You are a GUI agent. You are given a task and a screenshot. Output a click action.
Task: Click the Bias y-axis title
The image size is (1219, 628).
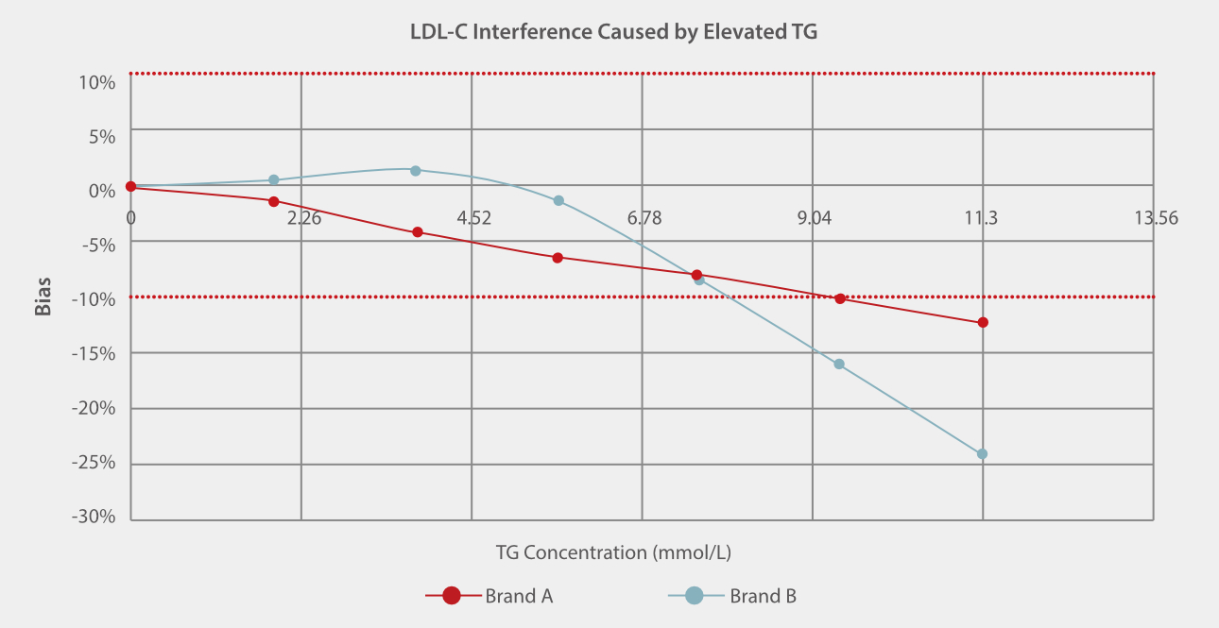click(x=43, y=296)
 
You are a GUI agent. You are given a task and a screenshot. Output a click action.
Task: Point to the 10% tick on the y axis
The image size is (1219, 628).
click(x=95, y=81)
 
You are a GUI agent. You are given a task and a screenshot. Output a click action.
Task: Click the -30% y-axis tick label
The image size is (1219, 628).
click(x=95, y=517)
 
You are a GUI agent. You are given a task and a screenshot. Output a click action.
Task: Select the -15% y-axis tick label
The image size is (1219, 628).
click(x=95, y=353)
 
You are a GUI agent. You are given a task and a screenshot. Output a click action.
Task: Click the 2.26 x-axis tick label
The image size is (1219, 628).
click(x=304, y=219)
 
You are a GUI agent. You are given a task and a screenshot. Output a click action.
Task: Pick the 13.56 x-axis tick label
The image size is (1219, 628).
click(x=1156, y=219)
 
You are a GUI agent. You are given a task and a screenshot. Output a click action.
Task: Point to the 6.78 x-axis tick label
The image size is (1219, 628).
click(x=644, y=219)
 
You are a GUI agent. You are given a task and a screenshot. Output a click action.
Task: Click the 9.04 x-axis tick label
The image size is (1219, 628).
click(x=815, y=219)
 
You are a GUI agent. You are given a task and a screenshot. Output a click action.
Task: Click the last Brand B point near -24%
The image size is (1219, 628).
click(x=982, y=454)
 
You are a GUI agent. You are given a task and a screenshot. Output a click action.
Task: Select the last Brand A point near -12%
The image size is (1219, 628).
click(x=983, y=323)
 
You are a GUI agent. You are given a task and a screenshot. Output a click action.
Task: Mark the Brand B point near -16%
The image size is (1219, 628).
click(x=839, y=365)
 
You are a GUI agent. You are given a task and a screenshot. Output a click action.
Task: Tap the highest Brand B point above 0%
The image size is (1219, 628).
click(x=416, y=170)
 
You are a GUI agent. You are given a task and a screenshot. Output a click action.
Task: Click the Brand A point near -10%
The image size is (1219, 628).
click(x=840, y=298)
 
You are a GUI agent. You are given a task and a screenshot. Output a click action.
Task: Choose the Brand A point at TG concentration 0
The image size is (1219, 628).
click(x=131, y=187)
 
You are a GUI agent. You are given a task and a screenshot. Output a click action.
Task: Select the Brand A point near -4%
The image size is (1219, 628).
click(x=418, y=232)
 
